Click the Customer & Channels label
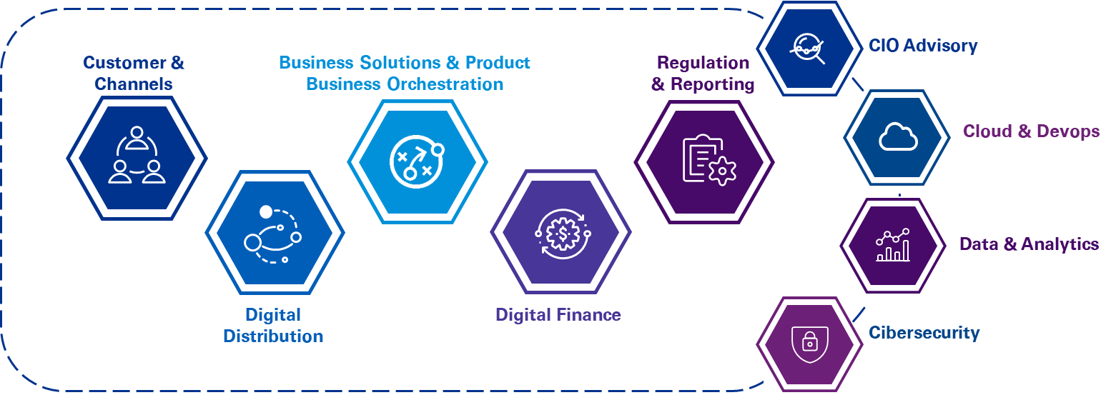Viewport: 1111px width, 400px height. point(134,73)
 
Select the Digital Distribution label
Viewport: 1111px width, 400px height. point(273,325)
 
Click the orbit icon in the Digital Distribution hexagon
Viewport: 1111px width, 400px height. point(274,233)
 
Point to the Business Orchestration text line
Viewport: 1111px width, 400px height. point(405,84)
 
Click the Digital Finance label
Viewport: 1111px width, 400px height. point(558,314)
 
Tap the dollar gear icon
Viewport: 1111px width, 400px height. point(561,231)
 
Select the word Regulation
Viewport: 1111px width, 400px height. point(703,63)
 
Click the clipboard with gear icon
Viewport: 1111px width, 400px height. point(708,159)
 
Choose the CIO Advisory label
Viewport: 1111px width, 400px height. point(923,46)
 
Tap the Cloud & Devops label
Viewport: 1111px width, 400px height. point(1031,131)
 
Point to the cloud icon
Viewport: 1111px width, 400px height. point(897,136)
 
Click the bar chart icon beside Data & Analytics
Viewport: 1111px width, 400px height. point(893,245)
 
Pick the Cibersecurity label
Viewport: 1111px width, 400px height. point(924,332)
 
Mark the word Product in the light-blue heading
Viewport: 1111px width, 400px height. point(498,62)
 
